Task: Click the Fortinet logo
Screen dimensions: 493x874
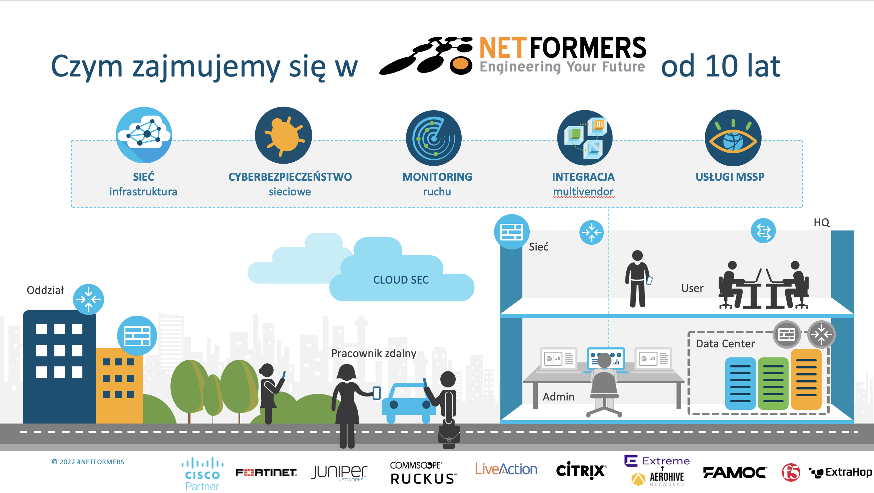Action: [x=266, y=472]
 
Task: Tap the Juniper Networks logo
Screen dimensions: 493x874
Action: [x=339, y=472]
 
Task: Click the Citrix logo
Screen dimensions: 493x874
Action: [x=581, y=471]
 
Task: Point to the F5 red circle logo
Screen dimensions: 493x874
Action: [x=791, y=472]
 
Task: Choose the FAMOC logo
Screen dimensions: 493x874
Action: [x=734, y=472]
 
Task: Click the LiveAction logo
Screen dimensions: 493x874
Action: [x=507, y=469]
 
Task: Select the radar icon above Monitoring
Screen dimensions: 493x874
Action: [x=434, y=138]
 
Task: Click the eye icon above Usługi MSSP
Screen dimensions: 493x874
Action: [x=733, y=138]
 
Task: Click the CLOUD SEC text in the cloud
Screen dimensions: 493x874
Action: [x=401, y=280]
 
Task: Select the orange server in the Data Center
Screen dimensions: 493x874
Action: [x=806, y=379]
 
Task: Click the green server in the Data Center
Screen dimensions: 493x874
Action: [x=773, y=383]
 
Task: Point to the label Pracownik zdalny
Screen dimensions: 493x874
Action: [x=374, y=353]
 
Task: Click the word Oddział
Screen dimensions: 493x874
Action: [x=45, y=290]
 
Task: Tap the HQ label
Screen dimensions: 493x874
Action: [x=821, y=222]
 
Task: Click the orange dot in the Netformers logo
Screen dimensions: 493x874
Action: [x=461, y=64]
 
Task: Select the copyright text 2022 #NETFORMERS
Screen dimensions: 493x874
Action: [x=88, y=462]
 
